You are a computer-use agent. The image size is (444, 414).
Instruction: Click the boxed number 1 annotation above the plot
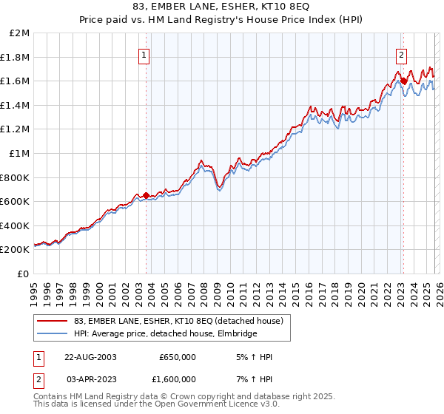click(144, 54)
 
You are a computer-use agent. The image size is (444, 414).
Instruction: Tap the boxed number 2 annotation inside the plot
click(401, 54)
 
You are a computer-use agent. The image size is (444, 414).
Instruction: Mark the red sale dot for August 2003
click(146, 196)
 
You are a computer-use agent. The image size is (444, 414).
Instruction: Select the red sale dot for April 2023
click(403, 81)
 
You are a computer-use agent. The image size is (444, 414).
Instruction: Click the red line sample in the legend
click(52, 321)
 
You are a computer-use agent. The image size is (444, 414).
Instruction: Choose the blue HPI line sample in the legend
click(52, 334)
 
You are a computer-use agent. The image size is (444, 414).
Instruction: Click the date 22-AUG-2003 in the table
click(90, 357)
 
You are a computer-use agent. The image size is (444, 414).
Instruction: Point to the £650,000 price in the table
click(178, 357)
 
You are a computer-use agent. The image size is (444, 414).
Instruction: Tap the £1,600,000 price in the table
click(172, 379)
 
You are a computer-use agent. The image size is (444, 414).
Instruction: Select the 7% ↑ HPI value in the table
click(252, 379)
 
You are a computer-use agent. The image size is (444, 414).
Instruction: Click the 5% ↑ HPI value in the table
click(252, 357)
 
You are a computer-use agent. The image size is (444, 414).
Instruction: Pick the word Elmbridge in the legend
click(236, 334)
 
